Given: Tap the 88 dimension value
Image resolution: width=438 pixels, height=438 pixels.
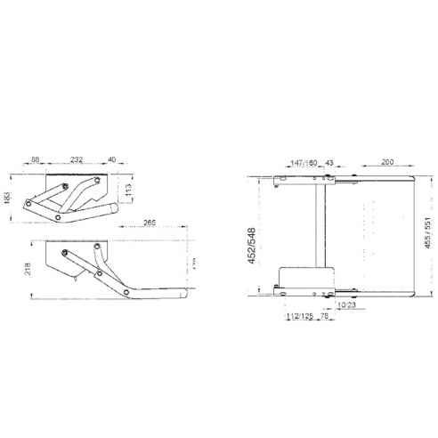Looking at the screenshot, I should [36, 160].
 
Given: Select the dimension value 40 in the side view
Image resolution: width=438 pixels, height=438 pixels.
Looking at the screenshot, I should [111, 160].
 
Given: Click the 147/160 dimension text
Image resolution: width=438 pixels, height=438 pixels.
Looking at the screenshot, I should [304, 163].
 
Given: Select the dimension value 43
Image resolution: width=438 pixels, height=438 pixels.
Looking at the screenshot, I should [328, 163].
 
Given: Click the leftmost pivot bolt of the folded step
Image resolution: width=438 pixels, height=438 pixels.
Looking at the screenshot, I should [29, 204].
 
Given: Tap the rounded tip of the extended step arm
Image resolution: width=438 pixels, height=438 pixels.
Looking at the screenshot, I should [183, 290].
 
